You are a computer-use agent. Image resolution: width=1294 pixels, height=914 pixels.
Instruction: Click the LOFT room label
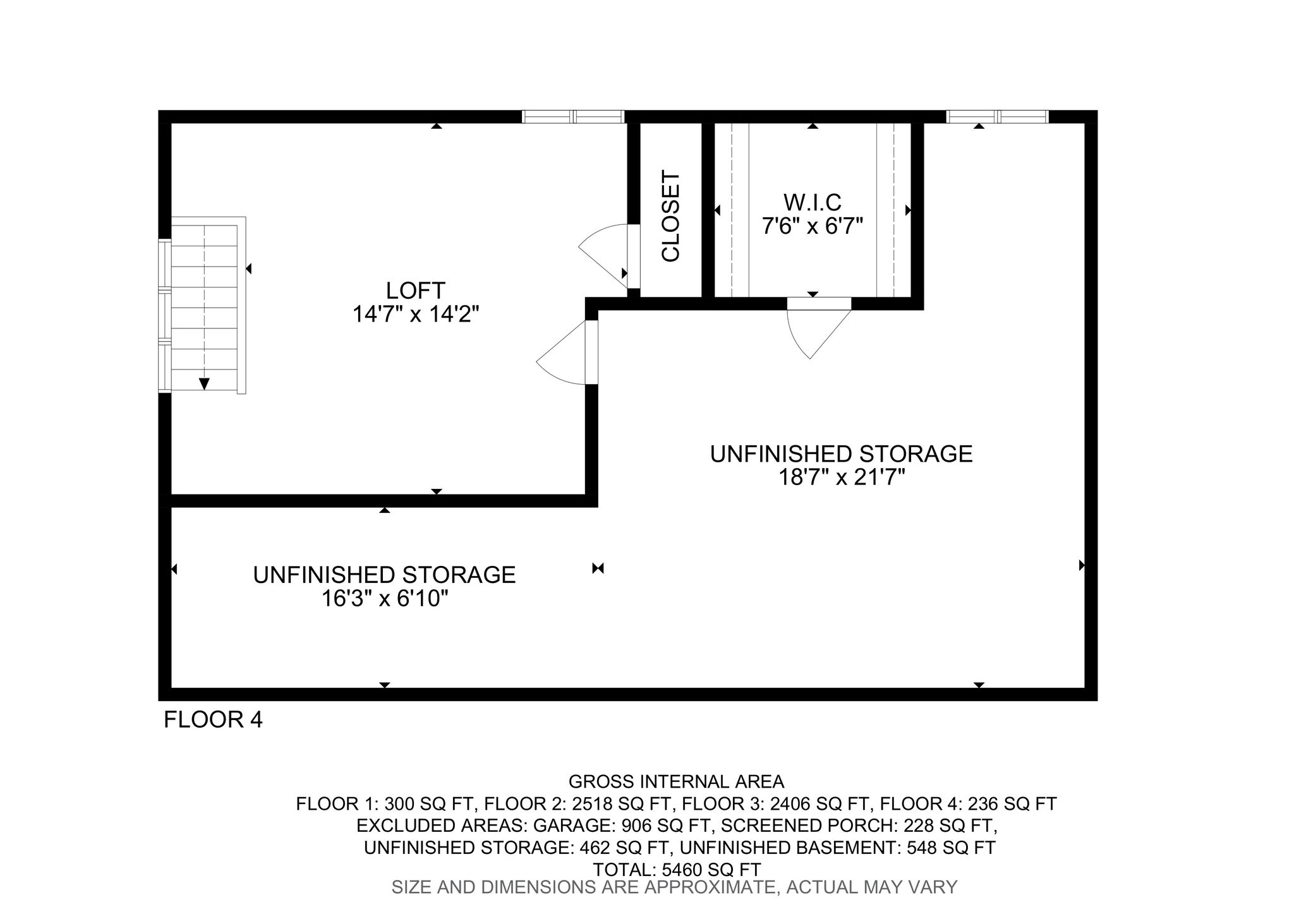[x=416, y=291]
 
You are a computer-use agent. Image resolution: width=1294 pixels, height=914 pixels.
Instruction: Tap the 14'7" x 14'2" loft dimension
[x=416, y=314]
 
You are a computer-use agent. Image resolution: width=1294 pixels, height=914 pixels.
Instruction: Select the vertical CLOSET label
[x=670, y=215]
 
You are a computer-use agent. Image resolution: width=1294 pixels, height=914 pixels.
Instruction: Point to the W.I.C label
[x=813, y=202]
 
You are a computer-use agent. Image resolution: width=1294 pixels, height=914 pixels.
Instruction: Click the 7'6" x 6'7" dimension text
[x=813, y=225]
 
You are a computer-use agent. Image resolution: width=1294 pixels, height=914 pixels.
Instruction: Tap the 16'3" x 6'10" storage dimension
[x=385, y=598]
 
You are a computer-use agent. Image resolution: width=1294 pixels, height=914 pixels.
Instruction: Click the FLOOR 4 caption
[x=213, y=719]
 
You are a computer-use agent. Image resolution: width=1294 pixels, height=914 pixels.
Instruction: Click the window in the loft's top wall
[x=573, y=116]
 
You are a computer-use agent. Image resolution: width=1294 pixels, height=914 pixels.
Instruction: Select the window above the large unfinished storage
[x=997, y=116]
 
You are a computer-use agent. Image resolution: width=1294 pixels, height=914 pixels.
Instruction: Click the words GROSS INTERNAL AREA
[x=676, y=782]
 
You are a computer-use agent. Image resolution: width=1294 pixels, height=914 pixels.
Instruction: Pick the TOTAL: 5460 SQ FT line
[x=676, y=869]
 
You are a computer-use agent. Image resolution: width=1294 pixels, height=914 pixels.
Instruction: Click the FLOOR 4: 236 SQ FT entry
[x=968, y=804]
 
